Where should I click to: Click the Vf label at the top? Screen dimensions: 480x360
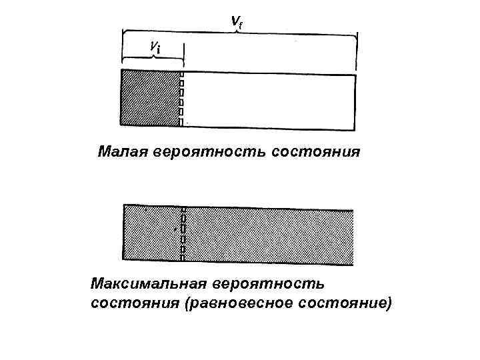point(237,21)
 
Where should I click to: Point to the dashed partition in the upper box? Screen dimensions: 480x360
point(181,98)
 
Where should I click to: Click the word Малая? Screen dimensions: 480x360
point(123,151)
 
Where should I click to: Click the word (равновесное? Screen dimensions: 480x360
point(234,304)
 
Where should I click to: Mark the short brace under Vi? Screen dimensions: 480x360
point(153,58)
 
